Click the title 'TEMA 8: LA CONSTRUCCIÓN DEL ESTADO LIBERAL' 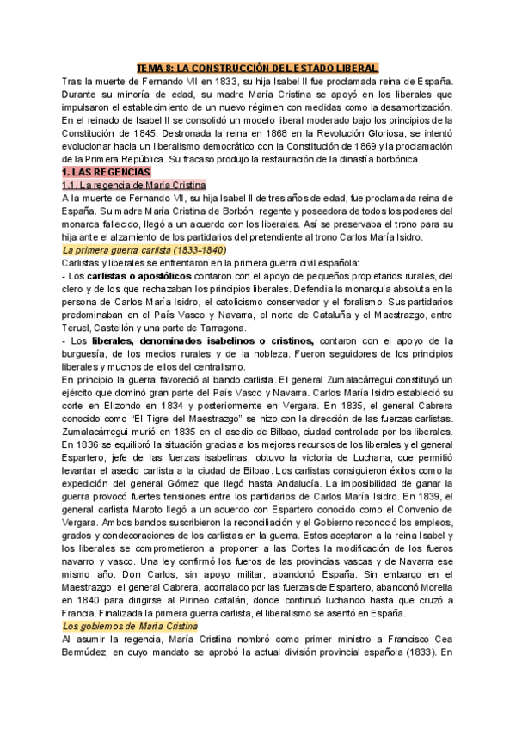(x=258, y=68)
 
